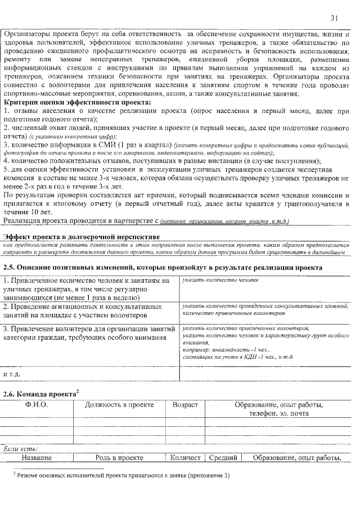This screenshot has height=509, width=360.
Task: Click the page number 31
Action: pyautogui.click(x=334, y=18)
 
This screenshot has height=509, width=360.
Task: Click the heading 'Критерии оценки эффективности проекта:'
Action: pyautogui.click(x=78, y=103)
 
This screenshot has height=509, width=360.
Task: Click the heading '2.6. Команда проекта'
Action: pyautogui.click(x=40, y=393)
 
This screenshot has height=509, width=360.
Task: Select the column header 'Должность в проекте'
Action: pyautogui.click(x=119, y=405)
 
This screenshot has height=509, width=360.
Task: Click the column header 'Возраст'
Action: pyautogui.click(x=185, y=405)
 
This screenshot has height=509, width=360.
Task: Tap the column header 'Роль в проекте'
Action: pyautogui.click(x=119, y=458)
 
